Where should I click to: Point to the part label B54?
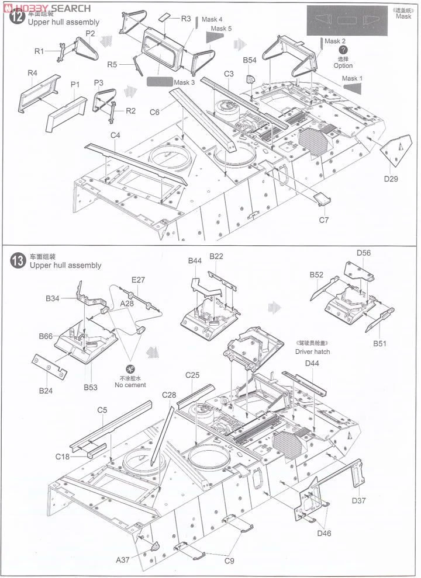tap(250, 60)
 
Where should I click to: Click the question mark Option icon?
tap(343, 51)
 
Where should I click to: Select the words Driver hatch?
tap(312, 351)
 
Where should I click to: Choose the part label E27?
tap(138, 280)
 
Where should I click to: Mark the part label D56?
tap(363, 252)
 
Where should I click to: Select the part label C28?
tap(168, 395)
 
